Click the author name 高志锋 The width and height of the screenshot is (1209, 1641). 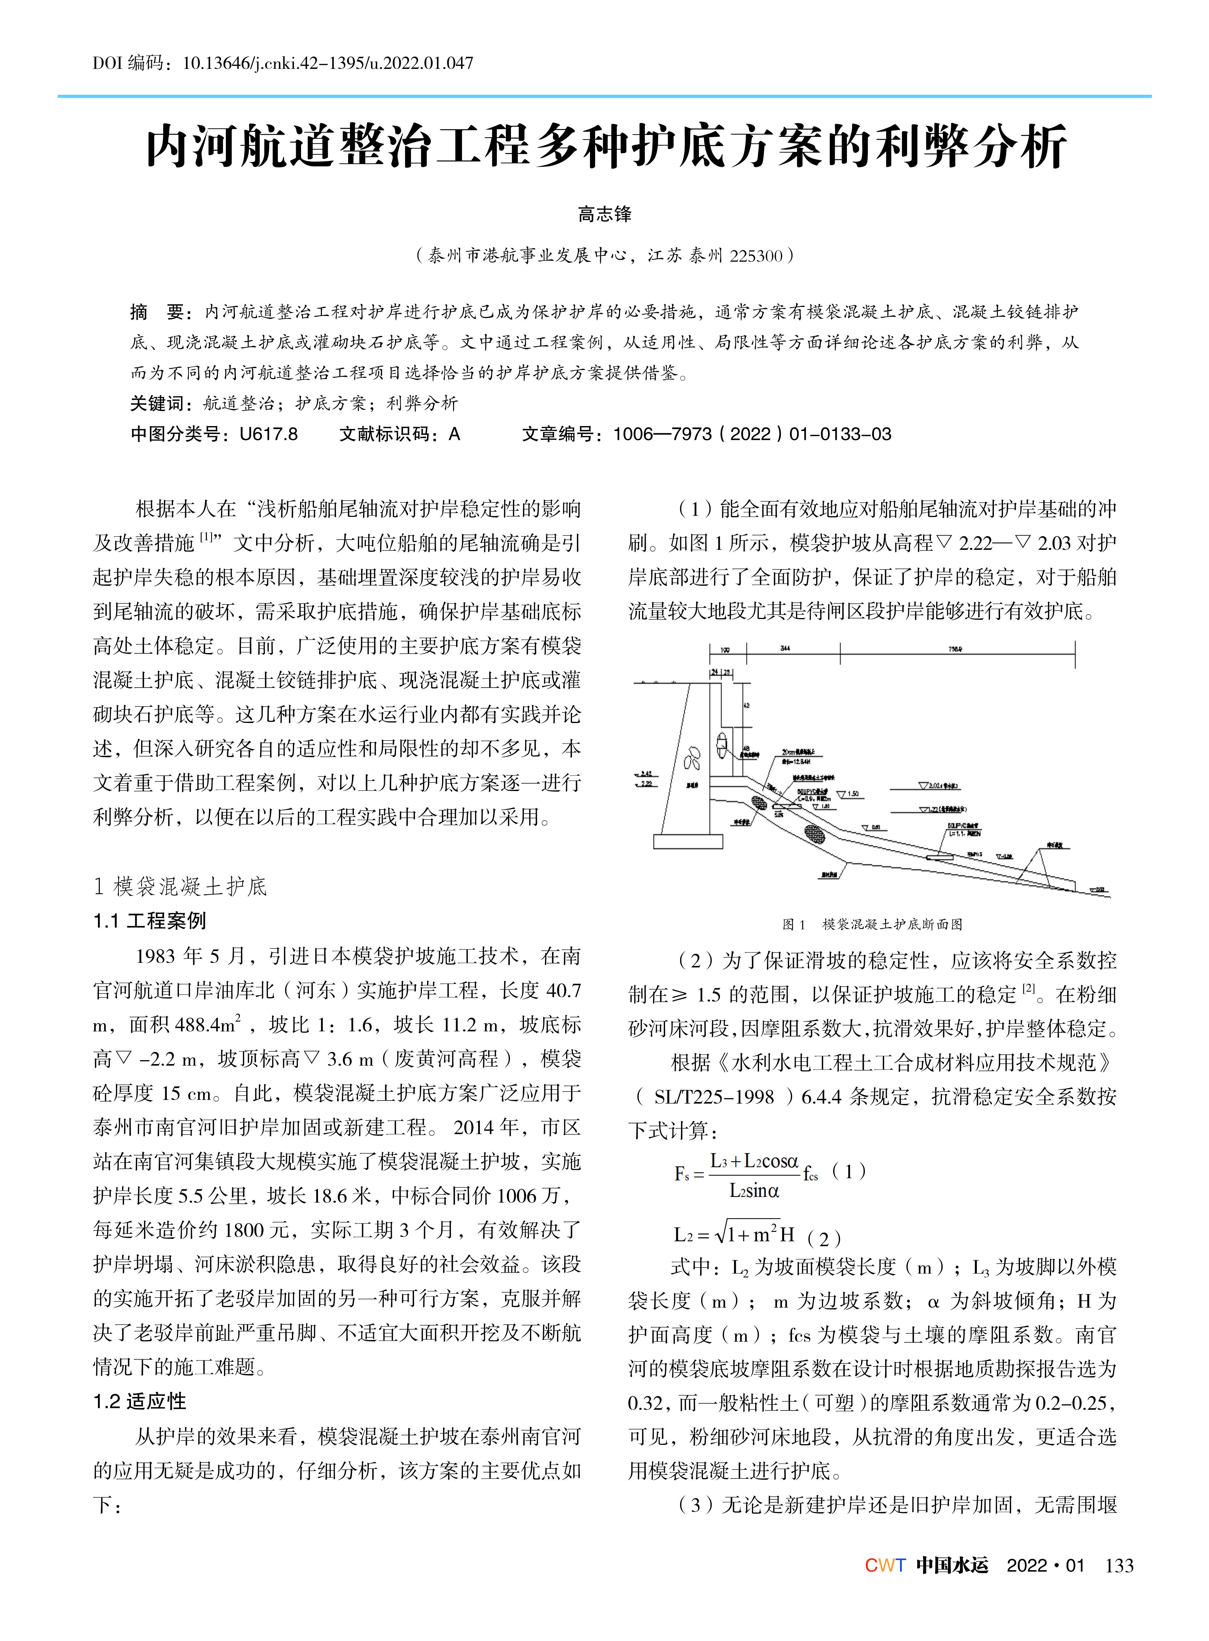(x=605, y=215)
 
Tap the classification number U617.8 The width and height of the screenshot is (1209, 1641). (x=269, y=434)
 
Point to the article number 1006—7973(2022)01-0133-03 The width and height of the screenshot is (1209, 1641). (x=752, y=434)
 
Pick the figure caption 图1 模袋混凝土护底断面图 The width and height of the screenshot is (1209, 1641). (x=872, y=924)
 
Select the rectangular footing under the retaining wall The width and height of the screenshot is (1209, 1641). (x=688, y=842)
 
